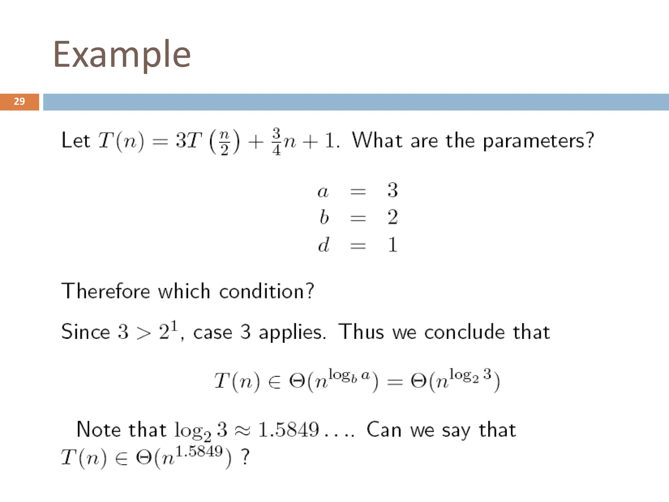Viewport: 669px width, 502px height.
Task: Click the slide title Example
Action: pyautogui.click(x=122, y=55)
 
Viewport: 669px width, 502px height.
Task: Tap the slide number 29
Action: pyautogui.click(x=19, y=101)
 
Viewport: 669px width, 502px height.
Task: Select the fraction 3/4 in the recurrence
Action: pyautogui.click(x=276, y=142)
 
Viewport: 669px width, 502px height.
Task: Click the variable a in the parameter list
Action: pyautogui.click(x=323, y=191)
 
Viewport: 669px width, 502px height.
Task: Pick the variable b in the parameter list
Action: pyautogui.click(x=324, y=217)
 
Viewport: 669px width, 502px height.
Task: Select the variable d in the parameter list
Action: pyautogui.click(x=324, y=244)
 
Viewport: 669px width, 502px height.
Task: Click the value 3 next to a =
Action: pyautogui.click(x=393, y=190)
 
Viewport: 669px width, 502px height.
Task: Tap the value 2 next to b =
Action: pyautogui.click(x=393, y=217)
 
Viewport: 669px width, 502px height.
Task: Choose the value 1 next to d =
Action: pyautogui.click(x=393, y=244)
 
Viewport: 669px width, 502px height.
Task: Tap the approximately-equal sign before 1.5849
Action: pyautogui.click(x=242, y=430)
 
